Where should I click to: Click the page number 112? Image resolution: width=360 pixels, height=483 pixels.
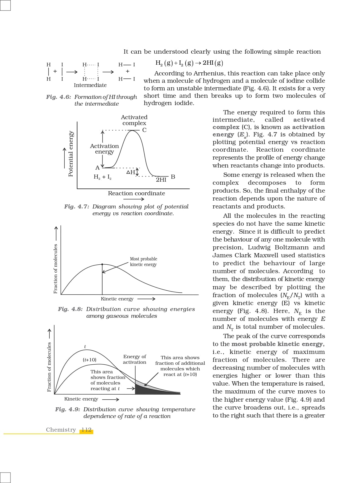coord(87,430)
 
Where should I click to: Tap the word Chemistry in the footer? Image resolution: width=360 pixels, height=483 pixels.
coord(61,430)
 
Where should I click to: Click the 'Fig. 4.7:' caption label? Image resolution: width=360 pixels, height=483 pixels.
coord(77,207)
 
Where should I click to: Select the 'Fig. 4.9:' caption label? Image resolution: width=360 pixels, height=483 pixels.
coord(67,410)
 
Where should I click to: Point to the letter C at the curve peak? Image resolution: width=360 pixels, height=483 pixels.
coord(144,130)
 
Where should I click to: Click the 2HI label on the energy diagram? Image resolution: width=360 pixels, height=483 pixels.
coord(161,180)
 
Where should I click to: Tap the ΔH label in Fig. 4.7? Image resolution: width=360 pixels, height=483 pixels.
coord(130,172)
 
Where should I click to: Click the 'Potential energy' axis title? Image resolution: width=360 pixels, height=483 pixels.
coord(71,153)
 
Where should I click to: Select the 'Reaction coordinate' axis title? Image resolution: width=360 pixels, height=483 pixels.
coord(136,193)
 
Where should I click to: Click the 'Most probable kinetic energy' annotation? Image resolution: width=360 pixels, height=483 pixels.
coord(143,262)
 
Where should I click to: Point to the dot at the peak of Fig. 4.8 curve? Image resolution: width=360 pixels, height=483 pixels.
coord(102,264)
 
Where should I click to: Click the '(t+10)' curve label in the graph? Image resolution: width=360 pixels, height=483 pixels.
coord(90,360)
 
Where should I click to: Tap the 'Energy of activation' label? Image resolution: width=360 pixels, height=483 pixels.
coord(135,359)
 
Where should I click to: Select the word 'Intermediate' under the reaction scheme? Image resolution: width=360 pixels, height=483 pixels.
coord(90,85)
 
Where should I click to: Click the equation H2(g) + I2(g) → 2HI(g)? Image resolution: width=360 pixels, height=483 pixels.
coord(189,63)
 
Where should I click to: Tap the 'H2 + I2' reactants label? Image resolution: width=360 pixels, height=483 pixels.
coord(102,177)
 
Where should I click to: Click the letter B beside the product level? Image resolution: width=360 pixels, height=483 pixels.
coord(173,177)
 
